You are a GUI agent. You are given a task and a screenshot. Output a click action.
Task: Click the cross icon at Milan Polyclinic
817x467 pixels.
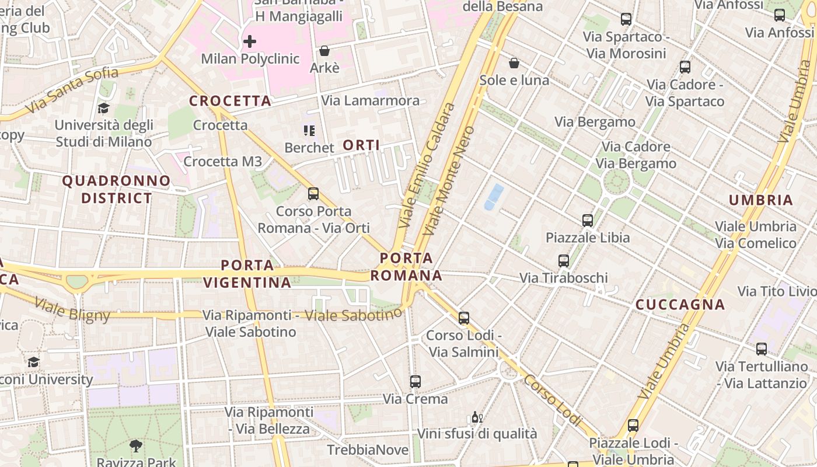pos(250,41)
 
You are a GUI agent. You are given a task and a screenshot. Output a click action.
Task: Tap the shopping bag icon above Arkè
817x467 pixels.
pos(324,51)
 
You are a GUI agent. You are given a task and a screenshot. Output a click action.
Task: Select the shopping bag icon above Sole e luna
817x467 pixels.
pos(514,62)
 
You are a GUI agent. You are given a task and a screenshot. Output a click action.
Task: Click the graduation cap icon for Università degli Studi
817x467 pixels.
pos(104,108)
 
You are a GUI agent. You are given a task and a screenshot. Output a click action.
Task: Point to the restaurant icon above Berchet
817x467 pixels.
pos(309,130)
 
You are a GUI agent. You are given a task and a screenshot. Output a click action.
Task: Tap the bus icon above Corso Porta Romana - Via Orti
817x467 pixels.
pos(313,193)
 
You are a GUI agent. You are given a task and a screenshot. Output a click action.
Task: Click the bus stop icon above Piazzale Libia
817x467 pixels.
pos(588,220)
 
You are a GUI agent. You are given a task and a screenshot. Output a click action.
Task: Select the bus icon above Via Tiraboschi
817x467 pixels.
pos(564,260)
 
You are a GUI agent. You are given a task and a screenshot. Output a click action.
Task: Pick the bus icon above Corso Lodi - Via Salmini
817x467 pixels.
pos(464,318)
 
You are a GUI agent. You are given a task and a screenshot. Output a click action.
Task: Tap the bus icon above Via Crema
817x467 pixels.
pos(416,381)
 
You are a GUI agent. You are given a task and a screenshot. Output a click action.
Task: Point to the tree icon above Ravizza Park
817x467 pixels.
pos(136,446)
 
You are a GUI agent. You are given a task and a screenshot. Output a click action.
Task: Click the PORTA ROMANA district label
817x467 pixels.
pos(407,266)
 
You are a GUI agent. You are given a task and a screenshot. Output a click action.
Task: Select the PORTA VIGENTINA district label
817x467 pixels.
pos(247,274)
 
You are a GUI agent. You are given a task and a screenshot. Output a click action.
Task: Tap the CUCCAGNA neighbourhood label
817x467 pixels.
pos(680,304)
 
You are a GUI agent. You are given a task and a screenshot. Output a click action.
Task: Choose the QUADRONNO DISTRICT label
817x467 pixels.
pos(117,189)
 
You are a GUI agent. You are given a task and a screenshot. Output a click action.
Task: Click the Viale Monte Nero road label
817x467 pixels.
pos(449,181)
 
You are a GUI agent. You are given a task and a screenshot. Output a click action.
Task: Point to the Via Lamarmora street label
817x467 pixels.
pos(371,100)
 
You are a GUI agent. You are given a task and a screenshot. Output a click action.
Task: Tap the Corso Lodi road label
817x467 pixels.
pos(553,399)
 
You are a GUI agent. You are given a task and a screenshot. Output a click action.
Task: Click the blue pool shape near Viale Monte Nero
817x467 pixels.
pos(494,197)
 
